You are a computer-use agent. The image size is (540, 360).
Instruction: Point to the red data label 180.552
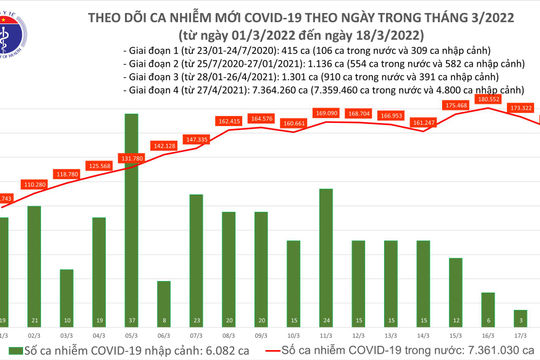click(489, 100)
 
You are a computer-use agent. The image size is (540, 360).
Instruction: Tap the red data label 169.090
click(327, 114)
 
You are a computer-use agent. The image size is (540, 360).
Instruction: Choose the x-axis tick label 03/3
click(66, 337)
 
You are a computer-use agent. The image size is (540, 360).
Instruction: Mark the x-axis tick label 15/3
click(455, 337)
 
